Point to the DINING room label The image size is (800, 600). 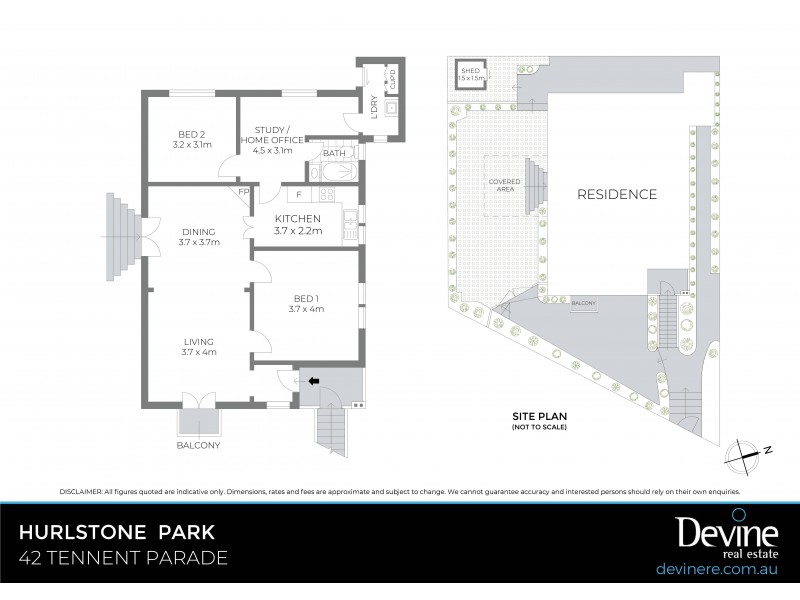tap(200, 234)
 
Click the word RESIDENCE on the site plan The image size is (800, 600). tap(616, 194)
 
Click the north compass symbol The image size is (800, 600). tap(746, 453)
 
